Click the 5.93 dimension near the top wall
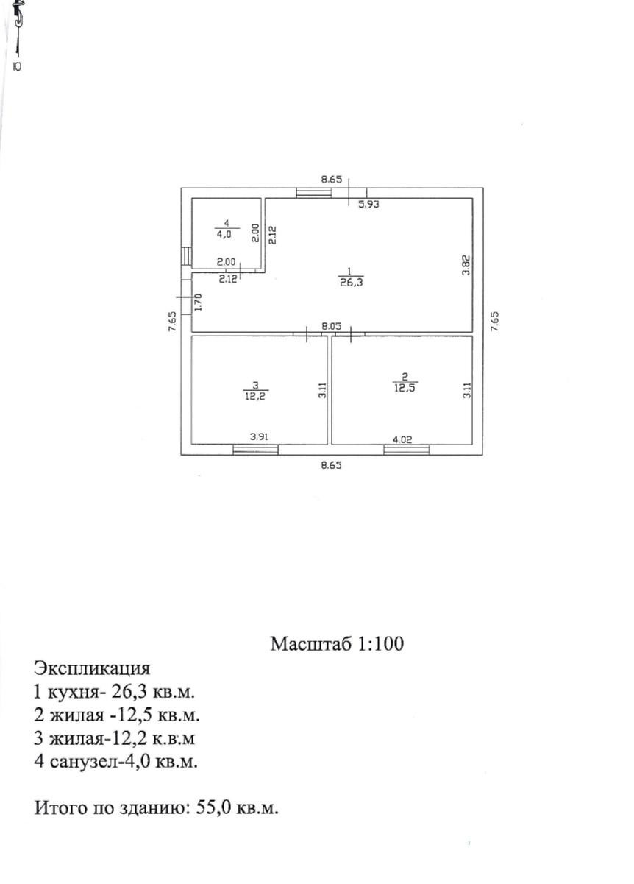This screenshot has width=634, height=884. point(368,205)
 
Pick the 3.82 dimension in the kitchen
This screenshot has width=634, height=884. point(465,264)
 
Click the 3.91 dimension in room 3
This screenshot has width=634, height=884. point(258,436)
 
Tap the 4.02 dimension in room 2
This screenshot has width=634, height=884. point(402,439)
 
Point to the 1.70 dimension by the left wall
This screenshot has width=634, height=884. point(197,300)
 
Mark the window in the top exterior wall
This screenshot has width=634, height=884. point(313,193)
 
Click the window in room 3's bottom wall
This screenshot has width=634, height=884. point(255,450)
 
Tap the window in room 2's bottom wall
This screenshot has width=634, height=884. point(406,450)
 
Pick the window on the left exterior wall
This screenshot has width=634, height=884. point(187,255)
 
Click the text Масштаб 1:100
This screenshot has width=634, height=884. point(337,644)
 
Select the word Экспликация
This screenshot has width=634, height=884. point(92,668)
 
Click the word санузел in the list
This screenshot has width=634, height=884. point(82,761)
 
